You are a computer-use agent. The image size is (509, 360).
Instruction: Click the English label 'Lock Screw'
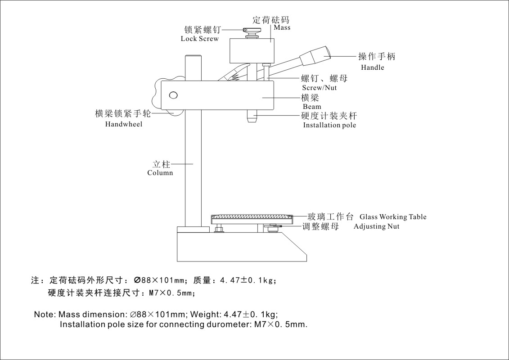pyautogui.click(x=199, y=39)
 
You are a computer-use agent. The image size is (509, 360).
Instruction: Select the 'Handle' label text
pyautogui.click(x=373, y=67)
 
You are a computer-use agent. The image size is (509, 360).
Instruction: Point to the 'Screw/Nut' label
pyautogui.click(x=319, y=88)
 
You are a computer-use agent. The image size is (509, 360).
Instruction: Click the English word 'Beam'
pyautogui.click(x=312, y=107)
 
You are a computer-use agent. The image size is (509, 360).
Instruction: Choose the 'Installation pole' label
pyautogui.click(x=329, y=125)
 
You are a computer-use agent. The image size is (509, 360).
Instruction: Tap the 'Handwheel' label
pyautogui.click(x=123, y=124)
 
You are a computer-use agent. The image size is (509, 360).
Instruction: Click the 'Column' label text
pyautogui.click(x=160, y=173)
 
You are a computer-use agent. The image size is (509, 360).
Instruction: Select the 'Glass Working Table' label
pyautogui.click(x=392, y=217)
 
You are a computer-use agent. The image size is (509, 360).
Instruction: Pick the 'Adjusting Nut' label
pyautogui.click(x=376, y=226)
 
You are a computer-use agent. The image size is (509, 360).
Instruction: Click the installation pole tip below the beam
pyautogui.click(x=252, y=118)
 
